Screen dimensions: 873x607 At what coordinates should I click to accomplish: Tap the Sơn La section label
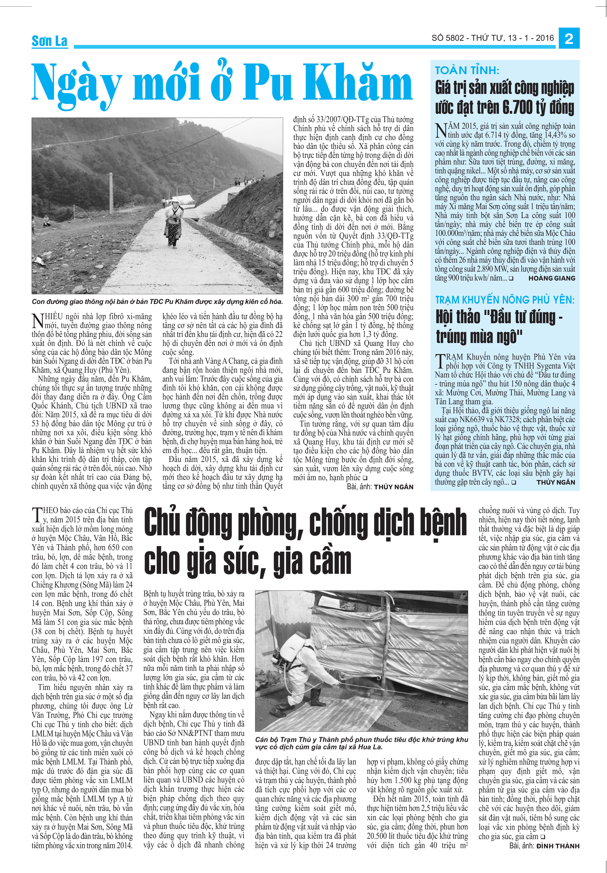[x=49, y=41]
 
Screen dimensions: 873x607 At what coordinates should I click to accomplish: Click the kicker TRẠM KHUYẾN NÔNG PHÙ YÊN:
[x=505, y=300]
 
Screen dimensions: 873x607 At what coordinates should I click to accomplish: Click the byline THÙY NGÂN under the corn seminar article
[x=556, y=482]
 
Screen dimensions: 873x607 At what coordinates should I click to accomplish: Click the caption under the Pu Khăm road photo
[x=157, y=302]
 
